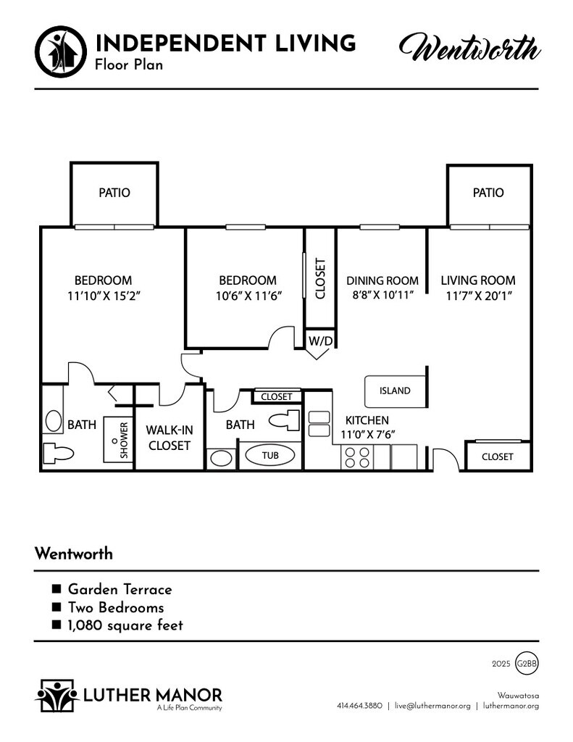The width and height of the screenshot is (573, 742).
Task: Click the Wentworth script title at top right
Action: (x=469, y=50)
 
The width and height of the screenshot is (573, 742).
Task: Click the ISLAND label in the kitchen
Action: (x=395, y=391)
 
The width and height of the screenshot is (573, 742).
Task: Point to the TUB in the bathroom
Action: (x=270, y=455)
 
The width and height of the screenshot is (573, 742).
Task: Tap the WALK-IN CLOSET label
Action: (x=170, y=438)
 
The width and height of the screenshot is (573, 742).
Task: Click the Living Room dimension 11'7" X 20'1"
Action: (x=478, y=296)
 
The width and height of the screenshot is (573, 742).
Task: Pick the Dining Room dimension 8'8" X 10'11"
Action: (x=382, y=296)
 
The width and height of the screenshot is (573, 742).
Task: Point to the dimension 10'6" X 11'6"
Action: (x=248, y=296)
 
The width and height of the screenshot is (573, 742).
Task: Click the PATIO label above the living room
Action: (x=488, y=193)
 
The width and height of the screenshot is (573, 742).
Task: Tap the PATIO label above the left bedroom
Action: (x=114, y=193)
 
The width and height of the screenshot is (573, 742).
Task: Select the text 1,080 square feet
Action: (x=125, y=625)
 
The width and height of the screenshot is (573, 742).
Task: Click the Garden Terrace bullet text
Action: (x=120, y=590)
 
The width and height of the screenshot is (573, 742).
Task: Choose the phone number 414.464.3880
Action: (x=359, y=706)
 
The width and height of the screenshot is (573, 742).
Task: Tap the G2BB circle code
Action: (x=527, y=663)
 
